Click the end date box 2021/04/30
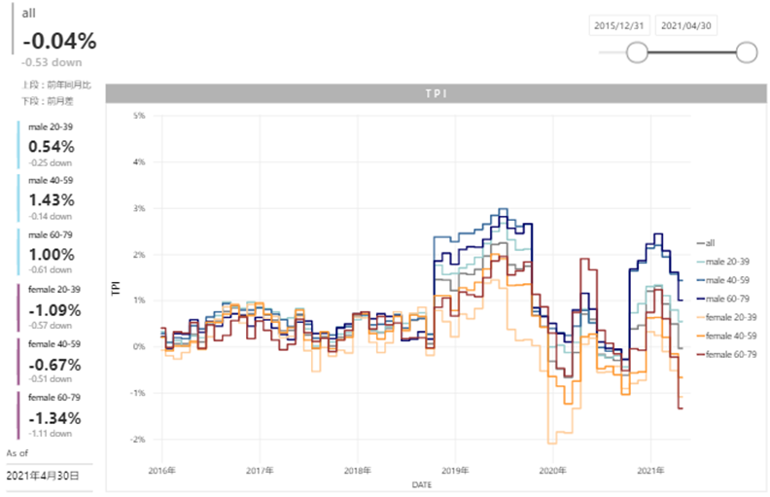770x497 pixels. (687, 26)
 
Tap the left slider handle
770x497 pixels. (637, 53)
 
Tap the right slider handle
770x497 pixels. (747, 53)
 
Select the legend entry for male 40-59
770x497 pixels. (724, 280)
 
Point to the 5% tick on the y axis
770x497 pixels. (139, 116)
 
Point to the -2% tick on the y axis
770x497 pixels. (138, 440)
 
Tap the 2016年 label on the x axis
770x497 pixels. (162, 471)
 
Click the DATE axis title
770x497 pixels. (422, 483)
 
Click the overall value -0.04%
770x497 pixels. (59, 41)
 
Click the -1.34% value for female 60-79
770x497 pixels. (55, 418)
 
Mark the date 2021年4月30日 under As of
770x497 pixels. (43, 476)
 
